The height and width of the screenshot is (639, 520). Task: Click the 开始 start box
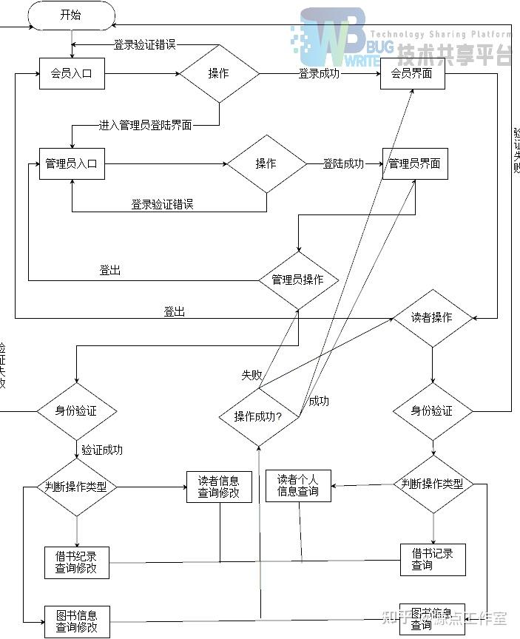click(x=70, y=15)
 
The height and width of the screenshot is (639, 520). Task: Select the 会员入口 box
click(x=72, y=74)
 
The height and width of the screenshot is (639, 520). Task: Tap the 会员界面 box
click(x=412, y=74)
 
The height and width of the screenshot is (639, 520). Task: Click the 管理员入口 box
click(x=71, y=163)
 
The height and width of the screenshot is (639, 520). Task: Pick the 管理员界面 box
click(x=415, y=163)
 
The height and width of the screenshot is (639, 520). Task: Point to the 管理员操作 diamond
click(x=297, y=280)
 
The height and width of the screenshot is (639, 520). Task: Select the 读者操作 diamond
click(x=432, y=317)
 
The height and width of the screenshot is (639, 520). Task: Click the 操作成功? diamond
click(x=258, y=416)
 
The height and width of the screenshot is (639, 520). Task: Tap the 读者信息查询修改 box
click(x=219, y=487)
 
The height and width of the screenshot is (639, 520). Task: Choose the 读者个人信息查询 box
click(x=298, y=485)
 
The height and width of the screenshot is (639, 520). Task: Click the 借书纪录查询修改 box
click(x=76, y=562)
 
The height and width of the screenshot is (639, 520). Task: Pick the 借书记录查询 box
click(x=433, y=559)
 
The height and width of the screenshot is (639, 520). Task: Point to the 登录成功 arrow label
click(x=320, y=74)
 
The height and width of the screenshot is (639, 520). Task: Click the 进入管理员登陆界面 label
click(x=146, y=125)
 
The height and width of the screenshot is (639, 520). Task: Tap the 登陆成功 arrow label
click(x=343, y=163)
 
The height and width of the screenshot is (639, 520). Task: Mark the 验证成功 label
click(x=102, y=450)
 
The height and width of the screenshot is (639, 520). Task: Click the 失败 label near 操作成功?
click(x=251, y=375)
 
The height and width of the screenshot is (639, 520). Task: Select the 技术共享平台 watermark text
click(x=454, y=54)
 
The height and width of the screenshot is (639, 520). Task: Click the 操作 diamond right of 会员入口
click(x=219, y=74)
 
